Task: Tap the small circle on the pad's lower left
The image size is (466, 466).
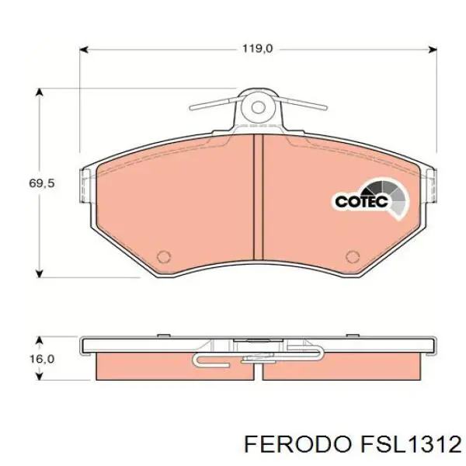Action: pyautogui.click(x=163, y=257)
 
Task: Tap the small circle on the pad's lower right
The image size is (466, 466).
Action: pyautogui.click(x=353, y=257)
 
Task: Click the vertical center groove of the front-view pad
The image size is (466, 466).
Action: pyautogui.click(x=258, y=202)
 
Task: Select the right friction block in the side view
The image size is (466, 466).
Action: pyautogui.click(x=342, y=367)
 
